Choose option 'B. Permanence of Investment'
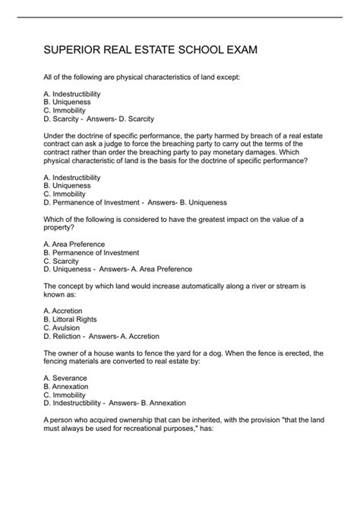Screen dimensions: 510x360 (91, 252)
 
